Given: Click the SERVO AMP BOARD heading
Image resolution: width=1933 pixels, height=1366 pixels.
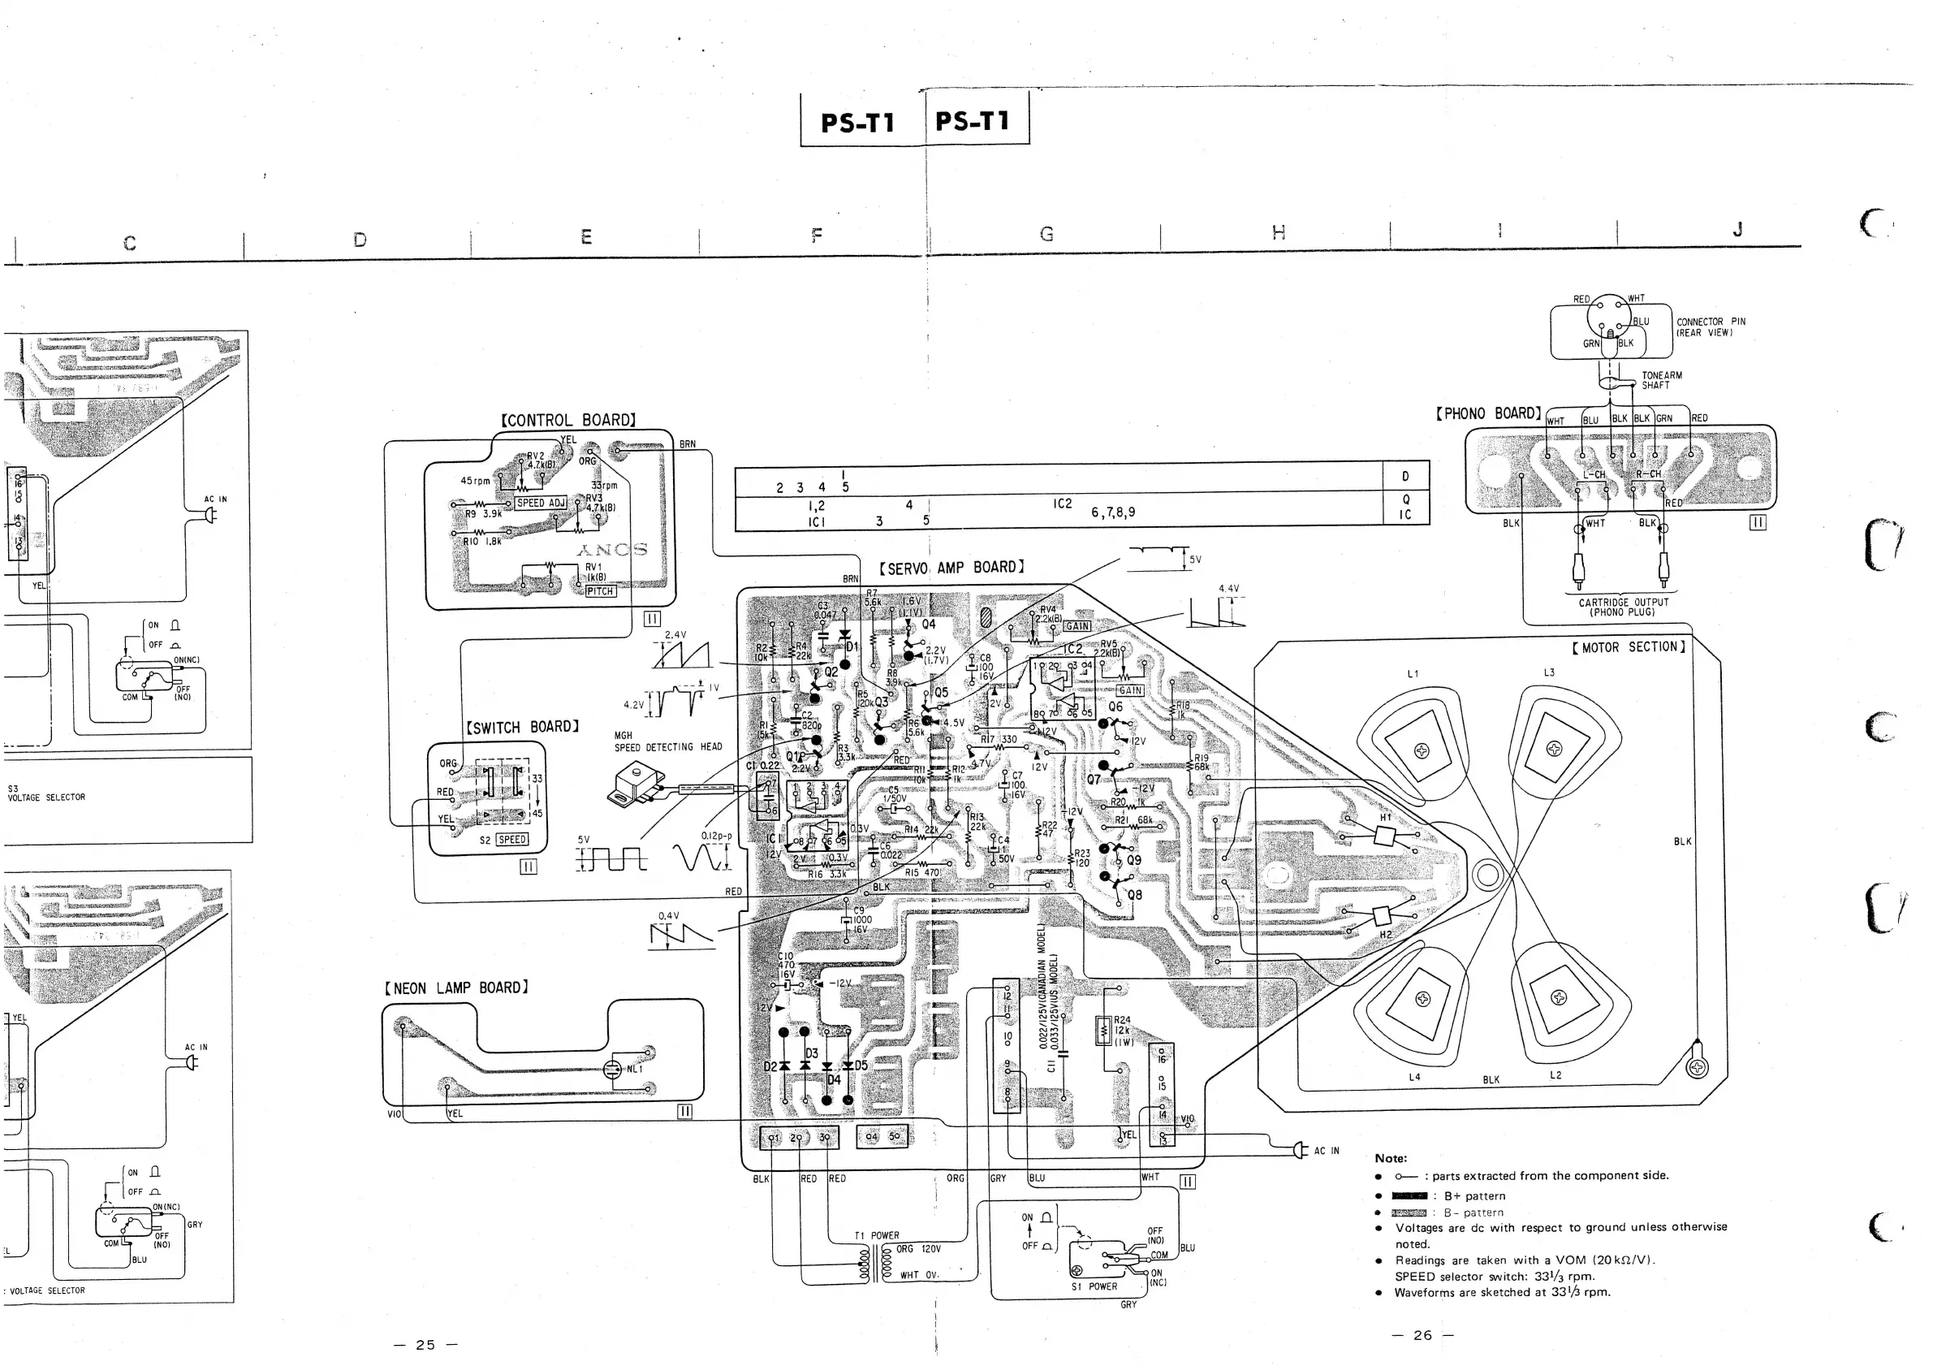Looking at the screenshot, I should tap(951, 568).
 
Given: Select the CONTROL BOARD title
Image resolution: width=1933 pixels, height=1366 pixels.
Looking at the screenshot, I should tap(568, 420).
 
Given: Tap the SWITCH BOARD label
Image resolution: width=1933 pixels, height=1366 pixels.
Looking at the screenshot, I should tap(522, 727).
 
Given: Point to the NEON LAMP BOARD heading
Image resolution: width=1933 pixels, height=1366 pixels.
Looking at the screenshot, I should tap(456, 988).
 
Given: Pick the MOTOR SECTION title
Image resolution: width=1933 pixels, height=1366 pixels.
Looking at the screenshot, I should tap(1629, 646).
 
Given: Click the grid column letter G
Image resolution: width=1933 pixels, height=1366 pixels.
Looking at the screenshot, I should tap(1046, 234).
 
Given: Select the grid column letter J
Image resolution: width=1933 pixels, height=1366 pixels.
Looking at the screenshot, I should tap(1737, 229).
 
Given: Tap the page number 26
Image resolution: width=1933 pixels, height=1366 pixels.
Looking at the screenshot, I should tap(1422, 1335).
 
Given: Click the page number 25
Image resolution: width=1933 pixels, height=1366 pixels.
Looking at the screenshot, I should tap(426, 1345).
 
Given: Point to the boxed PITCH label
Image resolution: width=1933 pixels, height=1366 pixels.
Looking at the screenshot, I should tap(600, 591).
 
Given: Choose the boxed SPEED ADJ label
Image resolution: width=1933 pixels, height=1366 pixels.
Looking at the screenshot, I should tap(541, 503).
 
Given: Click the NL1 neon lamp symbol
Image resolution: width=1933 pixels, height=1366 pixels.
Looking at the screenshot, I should tap(614, 1070).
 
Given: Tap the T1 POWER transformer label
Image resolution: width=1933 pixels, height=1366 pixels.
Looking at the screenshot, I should tap(877, 1235).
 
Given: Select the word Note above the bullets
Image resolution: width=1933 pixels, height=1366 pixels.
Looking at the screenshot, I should tap(1390, 1158).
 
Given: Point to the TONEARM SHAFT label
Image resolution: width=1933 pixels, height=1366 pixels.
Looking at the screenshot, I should tap(1661, 381).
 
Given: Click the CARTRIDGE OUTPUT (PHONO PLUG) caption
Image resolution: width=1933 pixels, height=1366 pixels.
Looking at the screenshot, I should tap(1622, 607).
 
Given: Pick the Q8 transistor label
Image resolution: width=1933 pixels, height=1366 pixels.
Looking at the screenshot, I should tap(1134, 895).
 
